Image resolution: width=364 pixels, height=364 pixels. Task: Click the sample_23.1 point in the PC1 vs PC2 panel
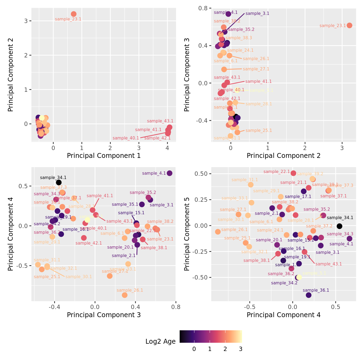tap(74, 14)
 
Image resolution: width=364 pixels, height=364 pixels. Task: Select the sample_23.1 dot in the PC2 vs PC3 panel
tap(349, 25)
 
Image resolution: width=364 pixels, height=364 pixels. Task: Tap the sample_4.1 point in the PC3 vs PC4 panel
tap(170, 173)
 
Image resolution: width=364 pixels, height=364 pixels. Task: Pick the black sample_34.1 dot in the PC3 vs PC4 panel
tap(59, 183)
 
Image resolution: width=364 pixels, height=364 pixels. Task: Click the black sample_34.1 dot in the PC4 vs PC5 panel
tap(339, 226)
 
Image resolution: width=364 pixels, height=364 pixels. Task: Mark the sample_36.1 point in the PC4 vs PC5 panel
tap(309, 295)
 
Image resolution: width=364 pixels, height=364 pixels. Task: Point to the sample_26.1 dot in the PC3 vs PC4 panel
tap(125, 295)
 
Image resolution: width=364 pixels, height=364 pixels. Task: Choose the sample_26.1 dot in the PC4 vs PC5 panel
tap(218, 232)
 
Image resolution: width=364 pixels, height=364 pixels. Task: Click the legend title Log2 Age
tap(161, 342)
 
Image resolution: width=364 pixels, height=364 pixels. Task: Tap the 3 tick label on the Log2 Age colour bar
tap(240, 349)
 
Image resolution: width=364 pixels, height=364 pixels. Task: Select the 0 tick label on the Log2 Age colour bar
tap(194, 349)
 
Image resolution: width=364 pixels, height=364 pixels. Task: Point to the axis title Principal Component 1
tap(104, 156)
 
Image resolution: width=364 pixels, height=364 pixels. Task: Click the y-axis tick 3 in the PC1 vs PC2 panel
tap(26, 21)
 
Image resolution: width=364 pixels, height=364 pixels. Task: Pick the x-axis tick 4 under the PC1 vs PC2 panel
tap(167, 148)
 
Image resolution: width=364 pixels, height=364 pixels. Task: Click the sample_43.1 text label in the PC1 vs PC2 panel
tap(160, 121)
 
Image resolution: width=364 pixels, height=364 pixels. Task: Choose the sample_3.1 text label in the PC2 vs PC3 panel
tap(257, 14)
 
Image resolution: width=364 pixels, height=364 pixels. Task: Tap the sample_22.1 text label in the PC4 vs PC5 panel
tap(277, 172)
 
